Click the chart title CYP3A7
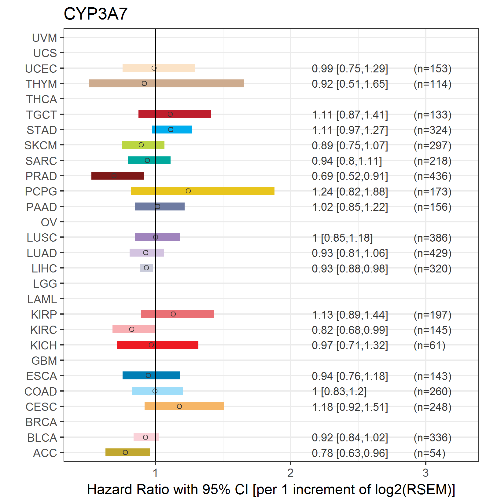95,14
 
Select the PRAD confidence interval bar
118,176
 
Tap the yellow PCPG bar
203,191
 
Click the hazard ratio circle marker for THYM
144,83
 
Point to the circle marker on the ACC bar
125,452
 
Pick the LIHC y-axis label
44,268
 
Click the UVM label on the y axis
45,38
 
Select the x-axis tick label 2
290,473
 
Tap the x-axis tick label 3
425,473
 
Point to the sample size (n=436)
433,176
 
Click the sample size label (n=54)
429,453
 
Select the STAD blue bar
172,130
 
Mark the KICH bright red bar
157,345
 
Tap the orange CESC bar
184,406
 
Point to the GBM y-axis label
44,361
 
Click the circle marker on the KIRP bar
173,314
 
